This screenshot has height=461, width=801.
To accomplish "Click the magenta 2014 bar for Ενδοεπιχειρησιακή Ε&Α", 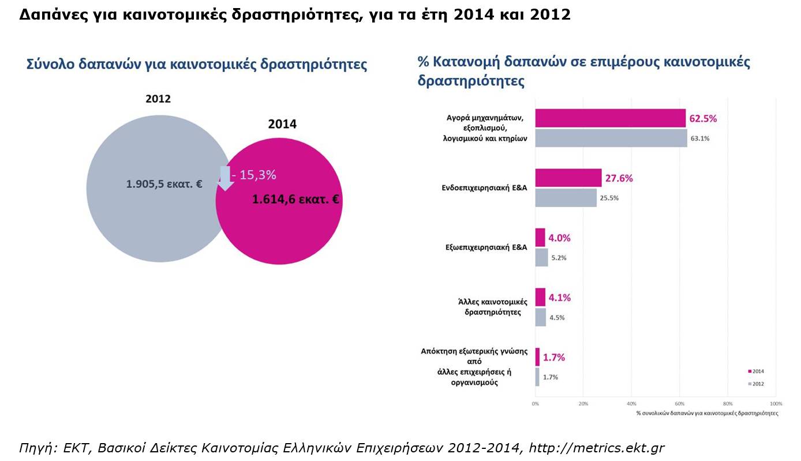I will (x=568, y=178).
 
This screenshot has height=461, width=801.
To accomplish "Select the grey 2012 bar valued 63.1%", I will (x=611, y=138).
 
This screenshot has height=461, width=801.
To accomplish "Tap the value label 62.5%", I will (x=703, y=118).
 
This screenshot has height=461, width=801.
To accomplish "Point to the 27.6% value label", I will (x=619, y=178).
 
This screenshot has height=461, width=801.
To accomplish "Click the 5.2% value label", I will (x=559, y=258).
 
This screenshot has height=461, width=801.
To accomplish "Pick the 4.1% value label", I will (x=560, y=298).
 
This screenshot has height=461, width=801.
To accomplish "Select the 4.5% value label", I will (x=557, y=317).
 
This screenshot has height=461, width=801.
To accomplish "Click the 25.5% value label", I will (x=609, y=198).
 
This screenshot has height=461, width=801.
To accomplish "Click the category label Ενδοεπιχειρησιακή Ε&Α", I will (x=485, y=188).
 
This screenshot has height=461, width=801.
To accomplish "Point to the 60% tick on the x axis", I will (x=680, y=404).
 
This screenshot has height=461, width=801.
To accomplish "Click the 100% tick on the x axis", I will (x=776, y=404).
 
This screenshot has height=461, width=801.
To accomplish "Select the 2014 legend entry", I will (x=756, y=372).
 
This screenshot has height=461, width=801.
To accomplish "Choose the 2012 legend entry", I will (x=756, y=384).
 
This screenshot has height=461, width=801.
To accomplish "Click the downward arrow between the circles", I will (x=225, y=178).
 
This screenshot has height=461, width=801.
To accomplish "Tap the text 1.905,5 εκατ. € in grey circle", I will (x=164, y=185).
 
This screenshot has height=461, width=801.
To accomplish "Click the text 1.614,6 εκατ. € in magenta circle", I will (x=295, y=200).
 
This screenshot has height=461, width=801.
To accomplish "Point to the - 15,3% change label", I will (x=254, y=175).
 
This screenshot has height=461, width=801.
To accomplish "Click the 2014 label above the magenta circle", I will (x=282, y=124).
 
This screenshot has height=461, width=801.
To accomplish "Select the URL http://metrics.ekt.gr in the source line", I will (x=597, y=448).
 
